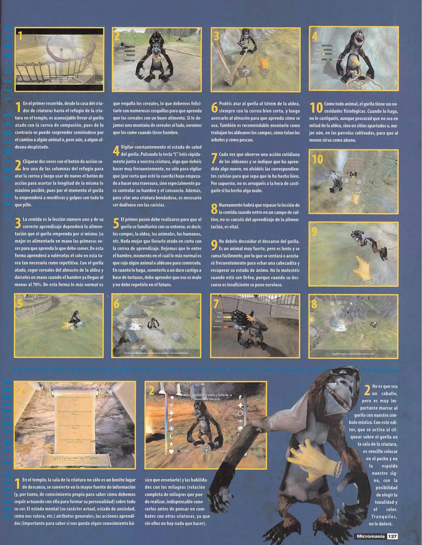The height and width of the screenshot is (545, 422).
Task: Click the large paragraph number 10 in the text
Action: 316,108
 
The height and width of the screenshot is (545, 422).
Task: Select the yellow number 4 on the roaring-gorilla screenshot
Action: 315,36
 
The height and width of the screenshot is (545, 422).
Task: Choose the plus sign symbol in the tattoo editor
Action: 240,405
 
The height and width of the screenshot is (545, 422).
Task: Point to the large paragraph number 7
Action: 214,158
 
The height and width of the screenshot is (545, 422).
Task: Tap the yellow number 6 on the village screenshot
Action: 117,304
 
